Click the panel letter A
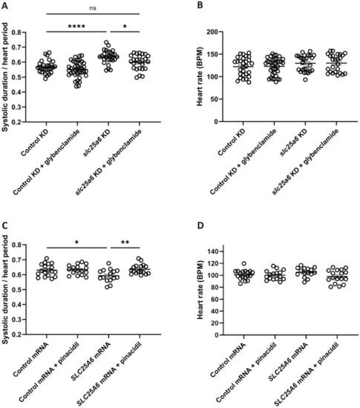tap(4, 5)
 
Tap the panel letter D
tap(200, 226)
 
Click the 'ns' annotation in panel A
tap(93, 8)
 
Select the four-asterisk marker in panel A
tap(76, 26)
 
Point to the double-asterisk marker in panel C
tap(125, 243)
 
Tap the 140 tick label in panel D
tap(213, 251)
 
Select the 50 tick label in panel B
tap(215, 99)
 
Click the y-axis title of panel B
tap(200, 76)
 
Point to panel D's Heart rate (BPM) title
tap(200, 290)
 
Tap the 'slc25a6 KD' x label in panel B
tap(293, 142)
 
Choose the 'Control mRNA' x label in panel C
tap(31, 360)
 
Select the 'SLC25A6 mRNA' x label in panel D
tap(288, 362)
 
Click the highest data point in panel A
tap(106, 42)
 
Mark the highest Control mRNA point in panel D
tap(244, 263)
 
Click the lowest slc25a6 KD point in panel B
tap(305, 79)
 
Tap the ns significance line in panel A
tap(93, 14)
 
